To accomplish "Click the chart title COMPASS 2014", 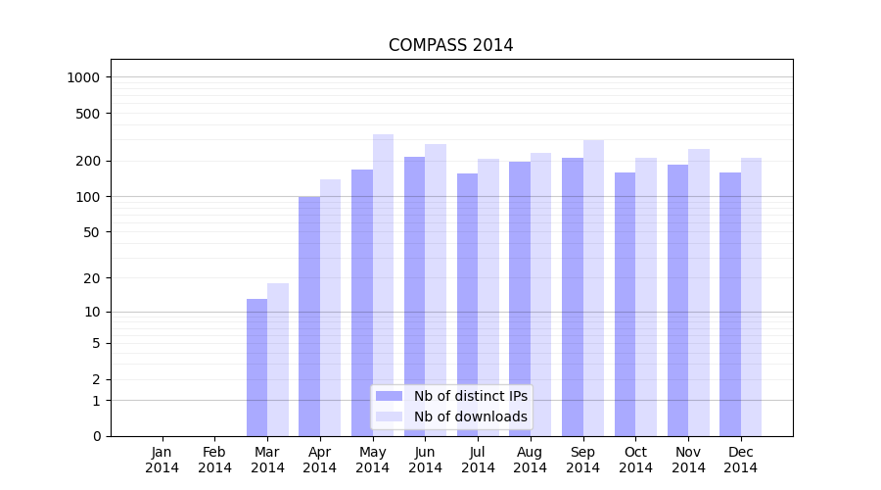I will pyautogui.click(x=450, y=45).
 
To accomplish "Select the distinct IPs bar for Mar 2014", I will pyautogui.click(x=256, y=367).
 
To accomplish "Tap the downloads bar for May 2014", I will pyautogui.click(x=383, y=285).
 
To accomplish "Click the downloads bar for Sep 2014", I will pyautogui.click(x=593, y=288).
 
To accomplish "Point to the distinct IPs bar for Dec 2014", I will pyautogui.click(x=730, y=304).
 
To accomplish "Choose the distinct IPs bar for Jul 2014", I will pyautogui.click(x=467, y=305).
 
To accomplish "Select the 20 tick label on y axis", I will pyautogui.click(x=93, y=278).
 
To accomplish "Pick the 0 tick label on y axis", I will pyautogui.click(x=97, y=436).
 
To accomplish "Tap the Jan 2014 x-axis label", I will pyautogui.click(x=162, y=460).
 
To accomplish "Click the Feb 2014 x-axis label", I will pyautogui.click(x=214, y=460).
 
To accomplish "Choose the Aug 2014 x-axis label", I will pyautogui.click(x=531, y=460).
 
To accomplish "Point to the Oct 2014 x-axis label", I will pyautogui.click(x=635, y=460).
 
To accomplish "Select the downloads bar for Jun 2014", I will pyautogui.click(x=436, y=290).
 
